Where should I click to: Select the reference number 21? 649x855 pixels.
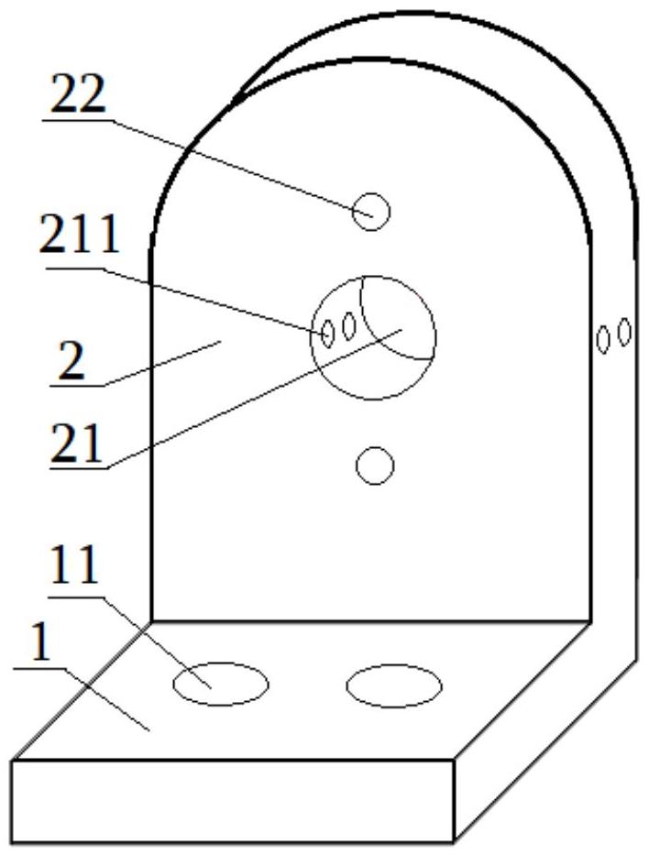(79, 446)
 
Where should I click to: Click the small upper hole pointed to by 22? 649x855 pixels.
(371, 212)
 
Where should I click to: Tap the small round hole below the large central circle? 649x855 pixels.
(374, 466)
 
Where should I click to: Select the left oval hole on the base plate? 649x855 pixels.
(221, 684)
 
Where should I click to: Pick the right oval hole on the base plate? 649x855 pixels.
(394, 685)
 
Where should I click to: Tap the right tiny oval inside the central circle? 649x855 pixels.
(348, 325)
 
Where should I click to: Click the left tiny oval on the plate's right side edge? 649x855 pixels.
(603, 339)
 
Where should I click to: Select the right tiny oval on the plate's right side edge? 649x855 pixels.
(624, 331)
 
